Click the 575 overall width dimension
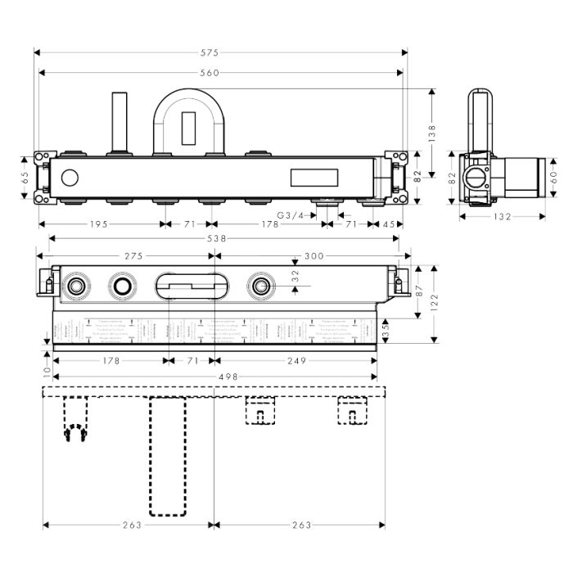click(x=221, y=52)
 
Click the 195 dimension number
click(x=98, y=223)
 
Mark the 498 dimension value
click(x=213, y=377)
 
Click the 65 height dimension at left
click(x=25, y=175)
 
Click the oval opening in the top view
click(x=186, y=286)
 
